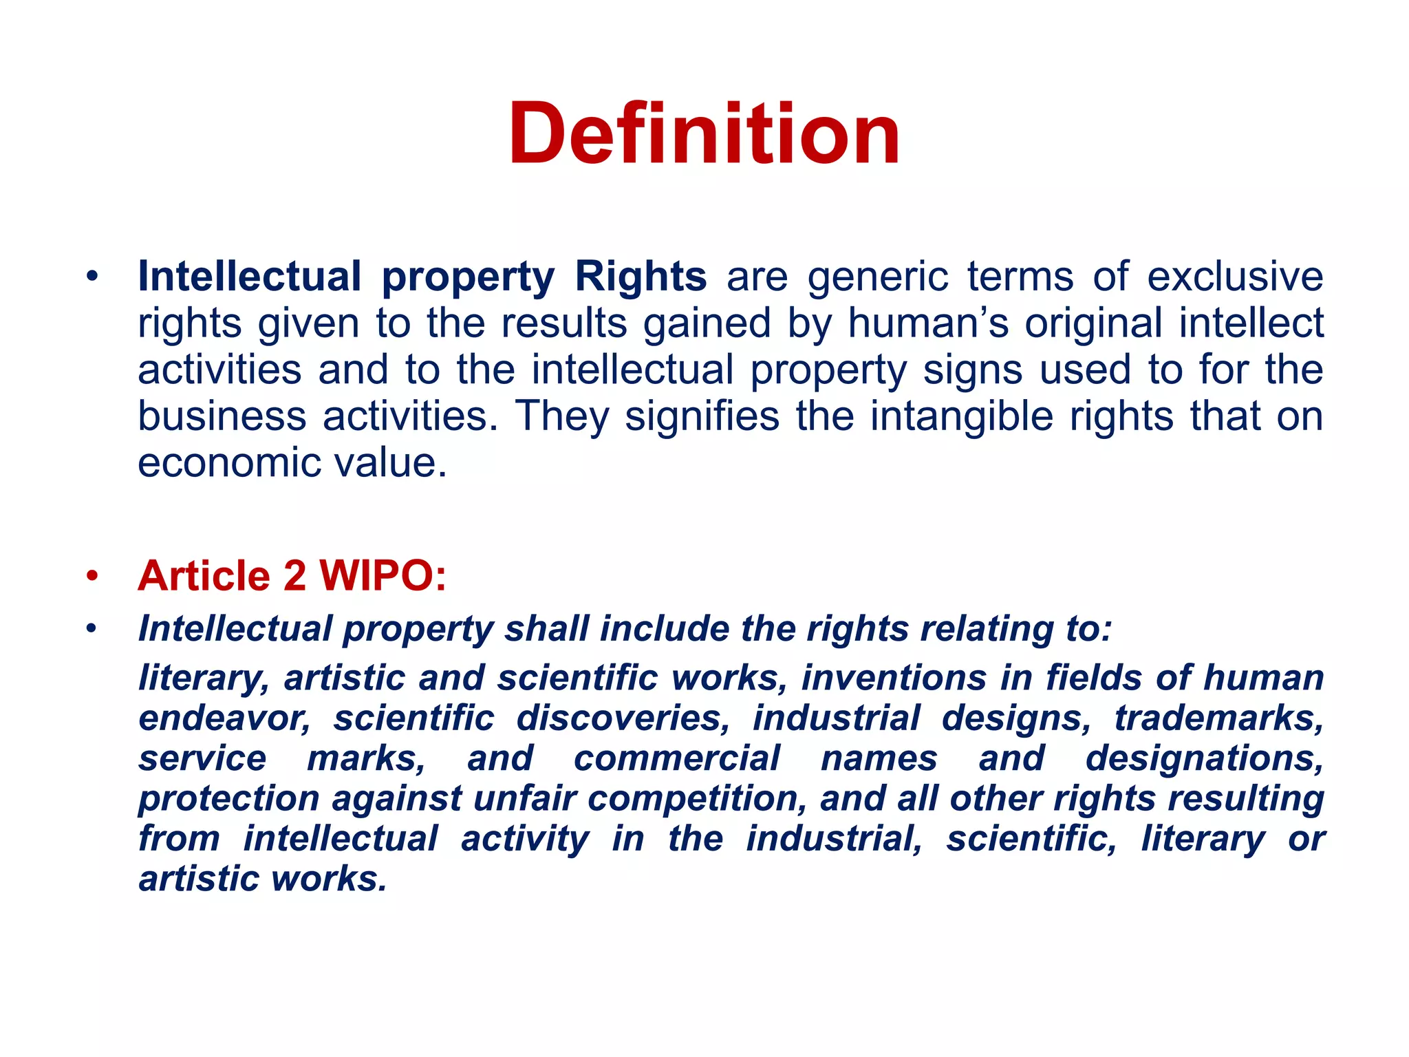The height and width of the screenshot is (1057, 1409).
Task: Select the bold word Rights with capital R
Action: pos(640,277)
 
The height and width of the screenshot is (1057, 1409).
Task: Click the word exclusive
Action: pos(1235,277)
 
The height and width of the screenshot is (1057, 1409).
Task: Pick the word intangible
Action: pos(961,416)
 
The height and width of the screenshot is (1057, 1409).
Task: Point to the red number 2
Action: pos(294,575)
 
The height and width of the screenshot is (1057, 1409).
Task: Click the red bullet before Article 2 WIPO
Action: pos(92,575)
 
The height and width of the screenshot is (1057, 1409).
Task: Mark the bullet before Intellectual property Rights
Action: pos(92,277)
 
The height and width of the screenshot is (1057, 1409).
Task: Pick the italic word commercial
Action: pos(677,758)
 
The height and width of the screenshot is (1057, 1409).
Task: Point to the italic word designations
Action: pos(1205,758)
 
